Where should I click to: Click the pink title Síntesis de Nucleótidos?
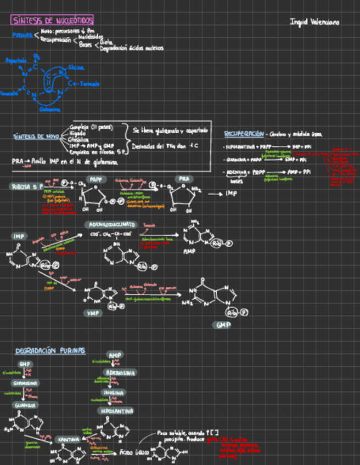click(52, 20)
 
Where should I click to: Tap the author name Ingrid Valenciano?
click(314, 22)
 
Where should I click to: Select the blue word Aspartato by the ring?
click(16, 60)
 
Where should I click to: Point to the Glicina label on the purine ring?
click(76, 67)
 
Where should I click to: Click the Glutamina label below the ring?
click(49, 109)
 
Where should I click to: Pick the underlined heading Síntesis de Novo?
click(36, 136)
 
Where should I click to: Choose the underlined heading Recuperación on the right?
click(244, 134)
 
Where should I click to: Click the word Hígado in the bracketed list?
click(78, 133)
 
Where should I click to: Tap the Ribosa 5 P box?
click(26, 186)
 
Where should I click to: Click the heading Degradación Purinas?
click(50, 350)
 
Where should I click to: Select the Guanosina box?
click(25, 383)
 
